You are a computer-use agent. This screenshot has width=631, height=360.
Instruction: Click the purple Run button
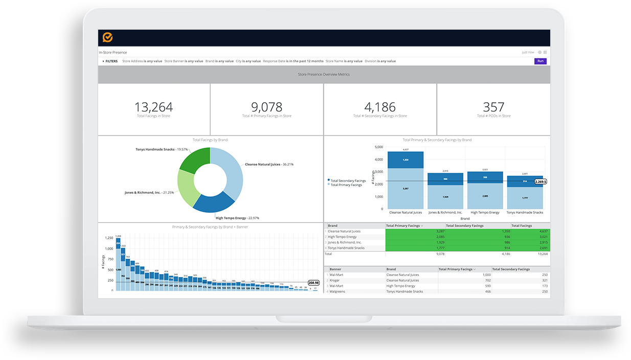point(540,61)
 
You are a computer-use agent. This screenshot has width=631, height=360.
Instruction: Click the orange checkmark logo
point(108,37)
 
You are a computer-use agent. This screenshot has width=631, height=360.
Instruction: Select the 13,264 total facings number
point(153,107)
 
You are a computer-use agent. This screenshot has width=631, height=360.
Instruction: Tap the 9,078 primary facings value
point(266,107)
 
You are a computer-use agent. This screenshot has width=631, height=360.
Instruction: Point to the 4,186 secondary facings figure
point(380,107)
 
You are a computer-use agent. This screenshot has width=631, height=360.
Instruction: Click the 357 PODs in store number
point(493,107)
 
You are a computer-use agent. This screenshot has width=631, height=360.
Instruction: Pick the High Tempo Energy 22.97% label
point(237,218)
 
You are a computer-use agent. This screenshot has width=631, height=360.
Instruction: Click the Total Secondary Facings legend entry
point(348,181)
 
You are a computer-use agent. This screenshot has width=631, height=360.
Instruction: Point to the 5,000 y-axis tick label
point(378,147)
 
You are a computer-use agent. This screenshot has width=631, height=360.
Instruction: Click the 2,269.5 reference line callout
point(540,182)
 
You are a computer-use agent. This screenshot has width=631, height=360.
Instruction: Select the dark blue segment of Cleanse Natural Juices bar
point(405,160)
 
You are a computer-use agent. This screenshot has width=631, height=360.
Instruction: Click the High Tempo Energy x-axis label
point(485,212)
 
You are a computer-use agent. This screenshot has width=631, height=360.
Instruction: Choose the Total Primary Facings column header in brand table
point(404,226)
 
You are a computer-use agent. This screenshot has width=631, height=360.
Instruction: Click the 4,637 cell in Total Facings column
point(539,231)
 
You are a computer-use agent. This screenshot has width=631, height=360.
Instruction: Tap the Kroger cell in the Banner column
point(335,280)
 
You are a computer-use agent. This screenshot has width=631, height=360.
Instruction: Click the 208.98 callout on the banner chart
point(313,283)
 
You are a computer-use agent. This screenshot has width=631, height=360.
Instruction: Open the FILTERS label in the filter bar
point(111,61)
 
